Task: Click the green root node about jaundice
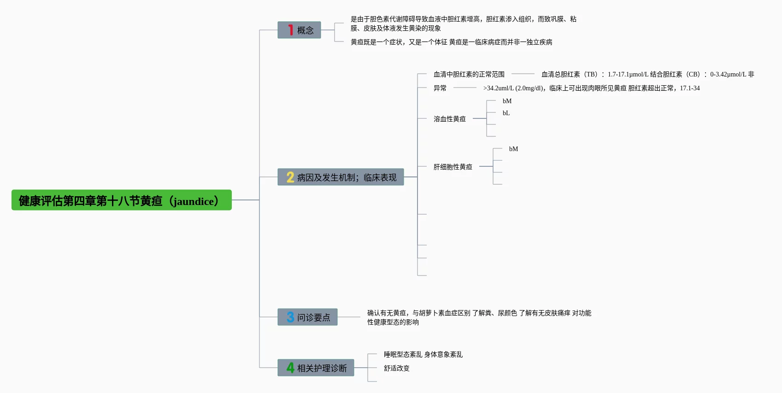(121, 200)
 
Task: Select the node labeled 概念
(299, 30)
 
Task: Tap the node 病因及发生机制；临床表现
(341, 177)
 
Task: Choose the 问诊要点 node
(307, 317)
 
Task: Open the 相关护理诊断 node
(316, 368)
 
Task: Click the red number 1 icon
(290, 30)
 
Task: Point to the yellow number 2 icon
(290, 177)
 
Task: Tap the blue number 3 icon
(290, 317)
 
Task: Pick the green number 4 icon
(290, 368)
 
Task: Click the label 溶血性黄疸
(449, 119)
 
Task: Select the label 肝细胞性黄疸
(453, 167)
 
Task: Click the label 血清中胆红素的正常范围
(469, 74)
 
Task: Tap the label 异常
(440, 88)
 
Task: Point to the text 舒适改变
(396, 368)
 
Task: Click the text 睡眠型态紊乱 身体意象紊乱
(423, 354)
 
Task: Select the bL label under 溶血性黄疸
(506, 113)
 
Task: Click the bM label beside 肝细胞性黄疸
(513, 149)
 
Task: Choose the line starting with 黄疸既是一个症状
(451, 42)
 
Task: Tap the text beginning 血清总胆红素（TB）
(647, 74)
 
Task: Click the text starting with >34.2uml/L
(591, 88)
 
